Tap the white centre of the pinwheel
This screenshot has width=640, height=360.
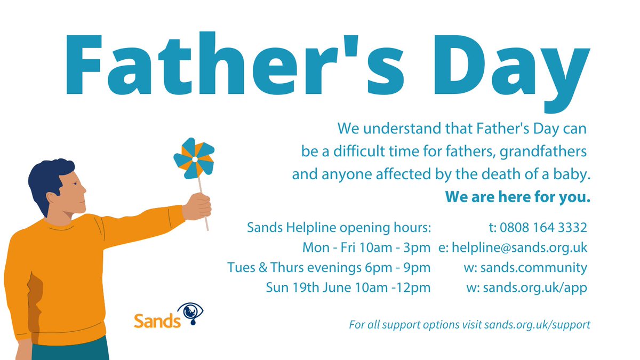coord(195,159)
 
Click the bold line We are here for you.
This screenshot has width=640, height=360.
coord(518,197)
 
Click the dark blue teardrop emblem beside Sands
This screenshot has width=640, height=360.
coord(190,314)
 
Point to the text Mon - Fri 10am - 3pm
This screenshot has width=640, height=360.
coord(366,248)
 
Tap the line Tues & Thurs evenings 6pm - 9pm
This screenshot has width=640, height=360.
coord(329,268)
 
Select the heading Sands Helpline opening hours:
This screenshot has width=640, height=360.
coord(339,228)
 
